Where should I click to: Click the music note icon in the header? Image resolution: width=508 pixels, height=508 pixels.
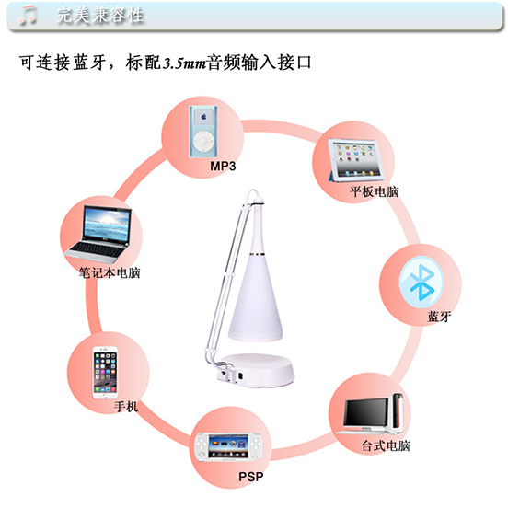[x=28, y=15]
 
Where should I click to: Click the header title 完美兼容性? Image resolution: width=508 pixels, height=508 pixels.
[x=100, y=16]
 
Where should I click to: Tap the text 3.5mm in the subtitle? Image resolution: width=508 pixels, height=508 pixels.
[x=184, y=63]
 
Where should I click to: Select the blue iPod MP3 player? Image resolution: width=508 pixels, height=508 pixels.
[x=203, y=132]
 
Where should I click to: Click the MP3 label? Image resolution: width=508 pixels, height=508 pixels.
[x=223, y=167]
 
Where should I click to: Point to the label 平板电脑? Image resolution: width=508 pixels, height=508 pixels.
[x=374, y=191]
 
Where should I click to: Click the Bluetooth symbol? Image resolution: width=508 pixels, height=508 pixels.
[x=421, y=282]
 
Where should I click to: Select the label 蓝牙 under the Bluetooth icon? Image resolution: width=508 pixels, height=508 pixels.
[x=439, y=317]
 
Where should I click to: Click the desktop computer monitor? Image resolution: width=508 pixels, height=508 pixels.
[x=365, y=415]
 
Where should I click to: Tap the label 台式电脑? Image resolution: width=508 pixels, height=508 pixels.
[x=386, y=445]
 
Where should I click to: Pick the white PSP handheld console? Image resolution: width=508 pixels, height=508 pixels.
[x=228, y=446]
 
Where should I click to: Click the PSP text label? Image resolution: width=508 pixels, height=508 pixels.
[x=251, y=477]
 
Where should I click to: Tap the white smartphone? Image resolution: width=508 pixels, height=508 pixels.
[x=105, y=373]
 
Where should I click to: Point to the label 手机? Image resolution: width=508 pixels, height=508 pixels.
[x=126, y=406]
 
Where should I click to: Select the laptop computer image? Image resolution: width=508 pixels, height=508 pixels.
[x=98, y=235]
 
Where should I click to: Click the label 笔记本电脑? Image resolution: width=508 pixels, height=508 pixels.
[x=110, y=272]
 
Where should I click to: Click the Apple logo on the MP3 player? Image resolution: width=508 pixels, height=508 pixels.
[x=203, y=116]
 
